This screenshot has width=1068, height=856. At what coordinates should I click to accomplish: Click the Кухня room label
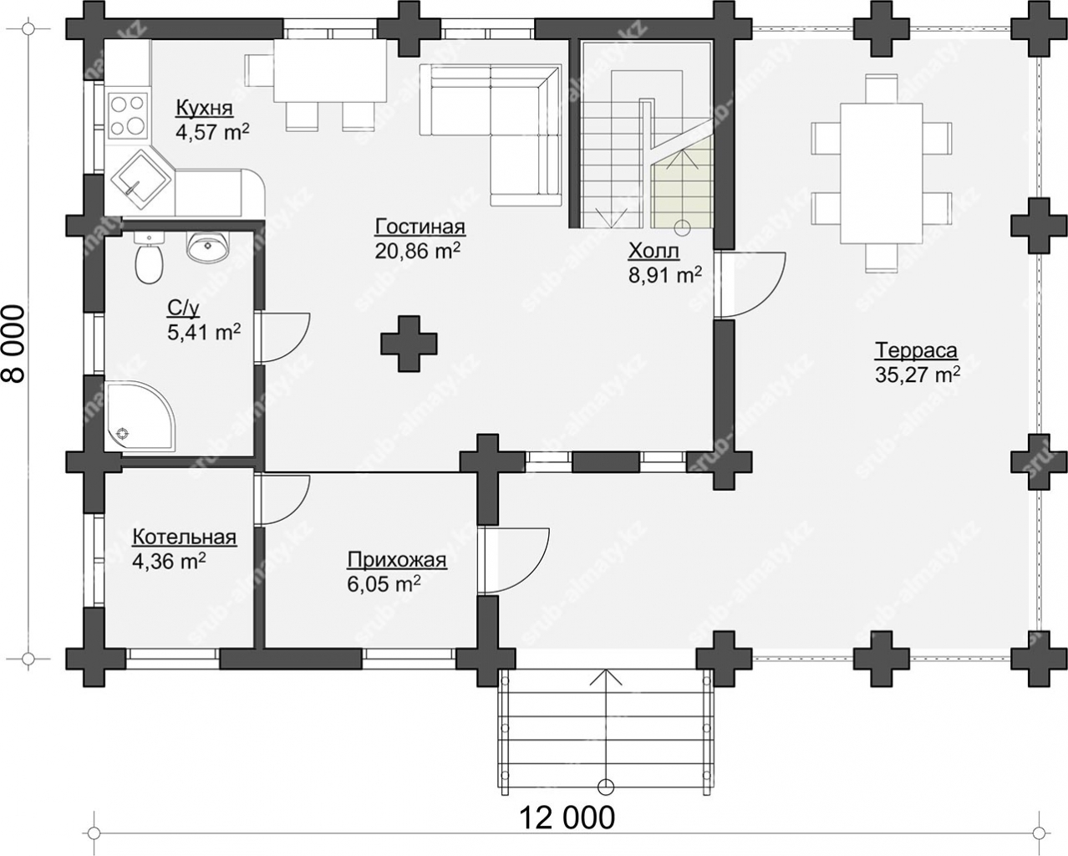(x=205, y=108)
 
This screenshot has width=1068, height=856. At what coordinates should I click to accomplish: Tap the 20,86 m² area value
(x=417, y=251)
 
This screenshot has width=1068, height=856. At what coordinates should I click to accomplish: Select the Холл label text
(x=654, y=252)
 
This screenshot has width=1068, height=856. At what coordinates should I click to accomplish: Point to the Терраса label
(x=916, y=350)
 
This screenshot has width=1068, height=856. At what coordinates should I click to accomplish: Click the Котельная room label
(x=185, y=538)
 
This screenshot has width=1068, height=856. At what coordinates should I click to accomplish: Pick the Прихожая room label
(x=397, y=560)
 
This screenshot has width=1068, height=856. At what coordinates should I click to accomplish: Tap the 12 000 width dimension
(x=567, y=818)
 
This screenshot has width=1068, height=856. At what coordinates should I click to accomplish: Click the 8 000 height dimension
(x=14, y=344)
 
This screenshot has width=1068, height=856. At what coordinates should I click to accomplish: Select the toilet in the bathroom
(x=148, y=258)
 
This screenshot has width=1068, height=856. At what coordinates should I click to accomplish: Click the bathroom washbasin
(x=207, y=247)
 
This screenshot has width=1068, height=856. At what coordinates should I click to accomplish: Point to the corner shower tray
(x=140, y=417)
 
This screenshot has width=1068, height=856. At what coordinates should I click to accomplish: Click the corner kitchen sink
(x=141, y=179)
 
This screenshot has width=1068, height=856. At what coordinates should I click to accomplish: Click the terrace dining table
(x=881, y=173)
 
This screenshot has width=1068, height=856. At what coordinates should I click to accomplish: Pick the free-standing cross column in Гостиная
(x=409, y=344)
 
